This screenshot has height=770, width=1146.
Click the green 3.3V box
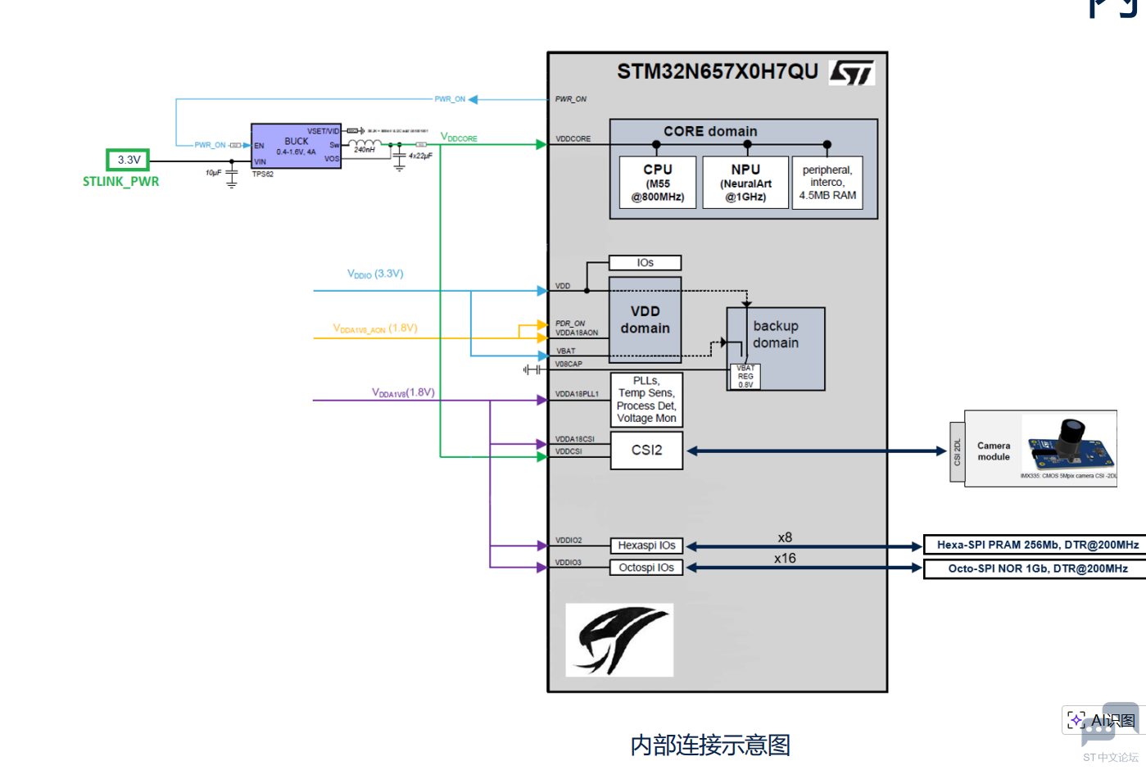[128, 160]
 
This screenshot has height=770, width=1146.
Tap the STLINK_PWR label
[121, 182]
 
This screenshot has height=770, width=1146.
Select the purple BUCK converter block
[296, 147]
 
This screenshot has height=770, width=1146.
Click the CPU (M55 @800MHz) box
[658, 183]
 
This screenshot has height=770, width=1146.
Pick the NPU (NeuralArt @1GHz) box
[745, 183]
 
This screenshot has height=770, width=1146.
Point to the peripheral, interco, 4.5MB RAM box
[827, 183]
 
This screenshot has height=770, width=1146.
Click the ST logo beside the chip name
[852, 73]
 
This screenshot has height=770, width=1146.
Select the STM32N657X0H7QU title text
[718, 72]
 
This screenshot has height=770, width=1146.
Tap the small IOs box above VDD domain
[645, 263]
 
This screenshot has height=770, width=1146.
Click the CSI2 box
[646, 451]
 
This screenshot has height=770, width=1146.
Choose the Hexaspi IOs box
[646, 546]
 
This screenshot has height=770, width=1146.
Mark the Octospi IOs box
[646, 568]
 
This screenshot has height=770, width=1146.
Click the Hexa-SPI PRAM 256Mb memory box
[1037, 545]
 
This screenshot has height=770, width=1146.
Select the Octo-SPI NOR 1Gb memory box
[1037, 568]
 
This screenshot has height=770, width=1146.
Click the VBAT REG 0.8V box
[745, 377]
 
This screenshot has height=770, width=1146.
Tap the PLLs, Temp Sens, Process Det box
[646, 400]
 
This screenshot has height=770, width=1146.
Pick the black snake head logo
[619, 640]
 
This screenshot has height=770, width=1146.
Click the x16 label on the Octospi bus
[785, 559]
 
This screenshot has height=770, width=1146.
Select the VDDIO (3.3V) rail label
[375, 274]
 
